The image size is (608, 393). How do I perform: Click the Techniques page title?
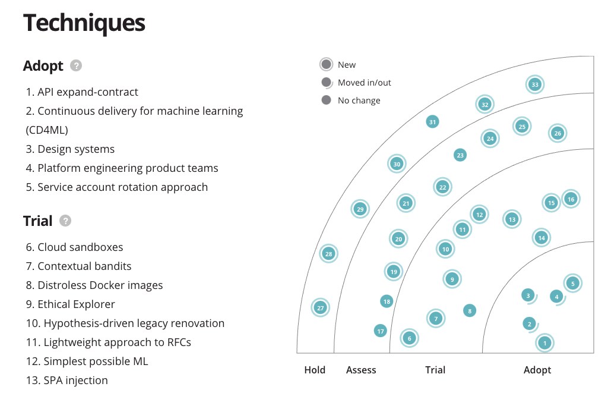coord(84,23)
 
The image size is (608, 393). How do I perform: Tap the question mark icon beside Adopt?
coord(75,65)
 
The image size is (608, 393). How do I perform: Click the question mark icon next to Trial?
coord(65,221)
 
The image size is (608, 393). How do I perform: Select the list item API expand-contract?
coord(82,92)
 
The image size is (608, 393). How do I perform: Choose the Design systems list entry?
coord(70,149)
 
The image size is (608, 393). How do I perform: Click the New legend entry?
coord(347,65)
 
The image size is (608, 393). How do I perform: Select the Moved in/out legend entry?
coord(364,83)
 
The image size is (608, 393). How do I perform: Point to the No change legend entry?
coord(359,100)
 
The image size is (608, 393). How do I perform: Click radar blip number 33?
coord(535,84)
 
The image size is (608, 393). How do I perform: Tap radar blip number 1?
coord(544,342)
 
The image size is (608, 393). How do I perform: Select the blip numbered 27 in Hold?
coord(320,308)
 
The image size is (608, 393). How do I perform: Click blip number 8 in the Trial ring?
coord(470,310)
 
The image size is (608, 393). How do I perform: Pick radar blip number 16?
coord(571,199)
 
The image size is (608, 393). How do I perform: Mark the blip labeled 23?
coord(460,155)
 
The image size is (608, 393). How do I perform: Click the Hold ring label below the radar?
coord(315,370)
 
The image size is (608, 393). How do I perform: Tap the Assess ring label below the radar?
coord(361,370)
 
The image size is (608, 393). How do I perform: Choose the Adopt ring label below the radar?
coord(537,370)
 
